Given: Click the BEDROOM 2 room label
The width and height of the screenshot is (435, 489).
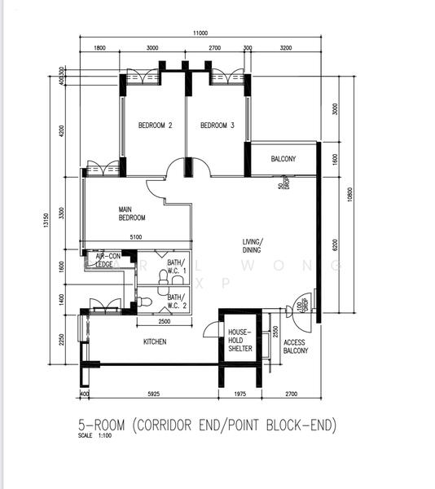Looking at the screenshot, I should click(x=155, y=126).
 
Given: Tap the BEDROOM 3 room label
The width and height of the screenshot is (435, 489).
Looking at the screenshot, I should click(x=217, y=126).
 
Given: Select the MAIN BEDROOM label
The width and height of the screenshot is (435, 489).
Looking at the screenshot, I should click(x=132, y=214).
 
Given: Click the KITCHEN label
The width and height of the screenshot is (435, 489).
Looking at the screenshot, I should click(x=155, y=341).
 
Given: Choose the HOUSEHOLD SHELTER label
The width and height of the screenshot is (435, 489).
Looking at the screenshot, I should click(x=240, y=341).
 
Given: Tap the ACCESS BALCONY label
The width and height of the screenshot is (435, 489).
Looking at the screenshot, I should click(x=294, y=348).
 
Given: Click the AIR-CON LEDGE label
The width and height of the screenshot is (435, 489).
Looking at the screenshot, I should click(x=104, y=260).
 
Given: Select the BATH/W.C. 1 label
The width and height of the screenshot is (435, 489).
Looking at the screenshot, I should click(x=177, y=267).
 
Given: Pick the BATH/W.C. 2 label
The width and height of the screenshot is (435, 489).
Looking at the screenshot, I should click(x=177, y=302).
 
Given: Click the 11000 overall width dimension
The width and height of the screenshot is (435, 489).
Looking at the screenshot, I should click(x=200, y=33).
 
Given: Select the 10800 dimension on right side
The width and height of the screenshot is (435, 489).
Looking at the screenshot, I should click(x=349, y=196).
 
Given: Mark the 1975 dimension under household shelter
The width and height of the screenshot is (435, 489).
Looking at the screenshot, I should click(x=240, y=395).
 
